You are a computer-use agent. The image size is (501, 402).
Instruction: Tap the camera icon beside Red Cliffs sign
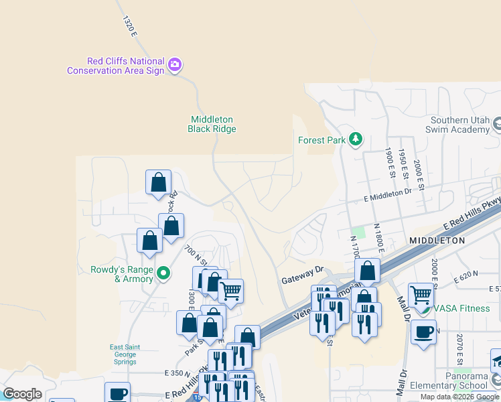(x=175, y=65)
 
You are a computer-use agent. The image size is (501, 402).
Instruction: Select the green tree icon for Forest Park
(x=356, y=139)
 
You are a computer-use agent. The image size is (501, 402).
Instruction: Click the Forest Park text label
(x=321, y=140)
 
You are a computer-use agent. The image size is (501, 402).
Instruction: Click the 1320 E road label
(x=129, y=25)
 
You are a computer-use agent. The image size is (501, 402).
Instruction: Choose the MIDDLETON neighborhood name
(x=437, y=240)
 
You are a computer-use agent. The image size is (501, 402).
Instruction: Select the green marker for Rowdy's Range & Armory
(x=162, y=273)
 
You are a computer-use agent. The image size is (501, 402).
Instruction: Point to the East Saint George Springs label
(x=123, y=354)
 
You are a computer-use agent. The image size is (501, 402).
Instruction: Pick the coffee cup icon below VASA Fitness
(x=423, y=332)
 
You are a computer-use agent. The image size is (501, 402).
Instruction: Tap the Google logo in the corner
(x=22, y=394)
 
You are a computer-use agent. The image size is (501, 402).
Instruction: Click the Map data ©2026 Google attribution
(x=459, y=397)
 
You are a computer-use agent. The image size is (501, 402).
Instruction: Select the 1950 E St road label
(x=403, y=164)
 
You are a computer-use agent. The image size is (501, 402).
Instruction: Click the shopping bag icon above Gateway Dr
(x=367, y=271)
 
